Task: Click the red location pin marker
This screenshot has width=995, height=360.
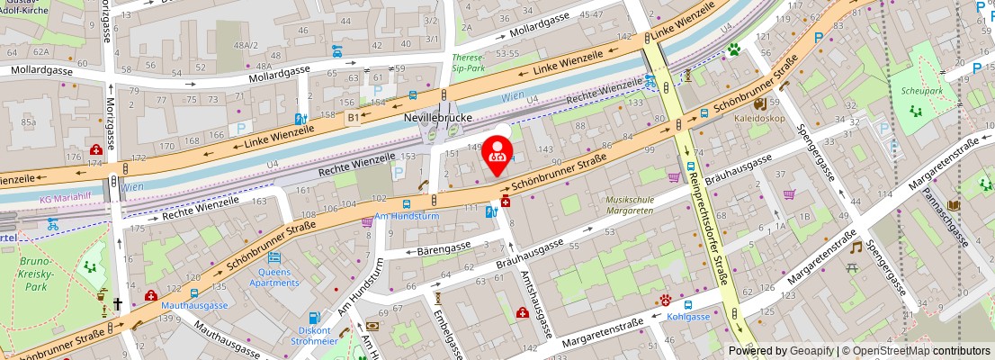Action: (x=496, y=153)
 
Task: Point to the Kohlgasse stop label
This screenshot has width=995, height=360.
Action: (x=689, y=316)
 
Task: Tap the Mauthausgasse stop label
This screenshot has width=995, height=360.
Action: (x=194, y=305)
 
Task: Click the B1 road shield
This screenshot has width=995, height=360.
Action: (x=354, y=117)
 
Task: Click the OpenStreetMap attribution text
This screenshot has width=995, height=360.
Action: (x=908, y=351)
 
